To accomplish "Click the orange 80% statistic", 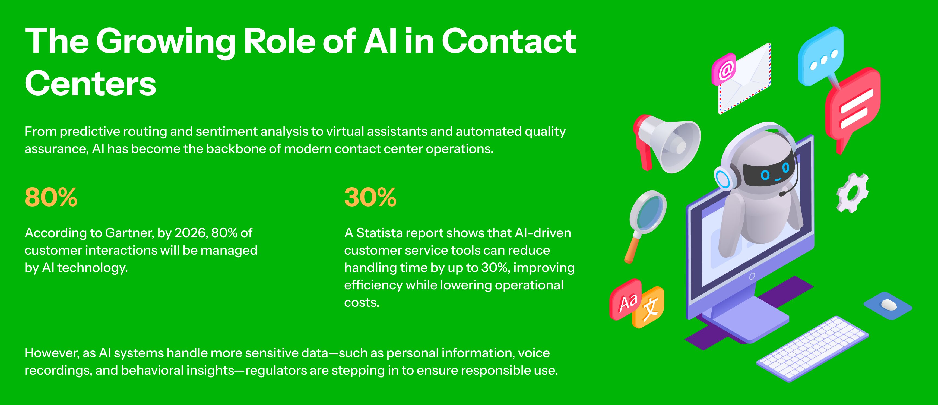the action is pos(51,197).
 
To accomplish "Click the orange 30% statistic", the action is pos(370,197).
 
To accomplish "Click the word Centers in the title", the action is pos(90,83).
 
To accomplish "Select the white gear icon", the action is pos(852,193).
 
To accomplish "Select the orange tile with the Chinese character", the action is pos(649,307).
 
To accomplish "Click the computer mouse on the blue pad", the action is pos(889,305).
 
